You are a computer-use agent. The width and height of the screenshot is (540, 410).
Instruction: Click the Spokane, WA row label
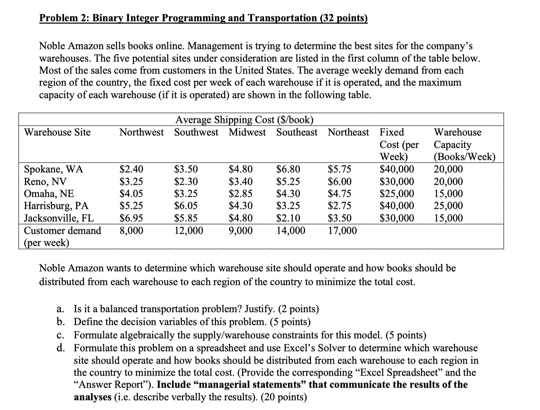coord(54,169)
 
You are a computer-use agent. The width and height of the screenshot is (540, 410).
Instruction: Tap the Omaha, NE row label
coord(49,194)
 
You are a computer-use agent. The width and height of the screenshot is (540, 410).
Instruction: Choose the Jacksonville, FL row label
coord(59,218)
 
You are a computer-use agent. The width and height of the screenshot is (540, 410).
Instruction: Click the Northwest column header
coord(141,132)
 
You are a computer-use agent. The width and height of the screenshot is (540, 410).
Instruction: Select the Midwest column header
coord(247,132)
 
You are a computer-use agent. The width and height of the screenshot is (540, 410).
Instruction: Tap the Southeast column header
coord(297,132)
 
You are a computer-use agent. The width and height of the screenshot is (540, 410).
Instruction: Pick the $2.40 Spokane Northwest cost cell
coord(131,169)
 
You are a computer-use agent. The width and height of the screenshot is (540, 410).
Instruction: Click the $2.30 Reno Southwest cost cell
coord(186,181)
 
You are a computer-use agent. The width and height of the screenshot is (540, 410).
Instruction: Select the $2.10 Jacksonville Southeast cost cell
coord(288,218)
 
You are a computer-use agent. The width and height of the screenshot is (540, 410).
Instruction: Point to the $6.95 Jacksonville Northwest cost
coord(131,218)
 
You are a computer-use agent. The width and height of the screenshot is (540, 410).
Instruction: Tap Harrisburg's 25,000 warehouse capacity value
coord(448,206)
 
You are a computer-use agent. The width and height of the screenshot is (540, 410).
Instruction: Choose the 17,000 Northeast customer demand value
coord(342,231)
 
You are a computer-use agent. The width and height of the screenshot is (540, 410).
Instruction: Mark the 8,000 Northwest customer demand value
coord(131,231)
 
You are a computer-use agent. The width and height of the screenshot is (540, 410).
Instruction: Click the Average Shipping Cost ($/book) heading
coord(244,120)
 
